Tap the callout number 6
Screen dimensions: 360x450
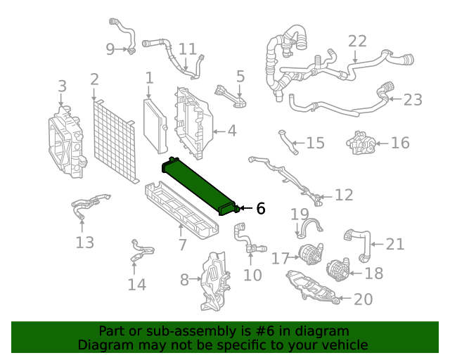260,209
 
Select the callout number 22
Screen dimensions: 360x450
357,41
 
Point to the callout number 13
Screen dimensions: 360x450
84,243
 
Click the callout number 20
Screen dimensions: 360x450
363,300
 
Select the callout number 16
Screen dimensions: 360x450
399,143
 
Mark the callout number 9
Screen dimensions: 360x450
110,49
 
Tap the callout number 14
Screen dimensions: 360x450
137,284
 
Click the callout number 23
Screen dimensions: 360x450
413,100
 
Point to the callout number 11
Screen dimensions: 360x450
188,49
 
